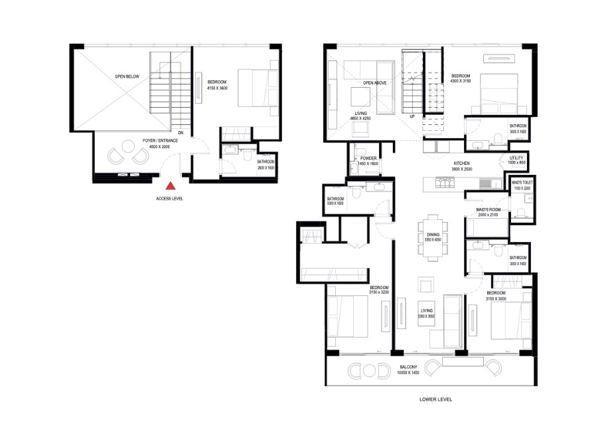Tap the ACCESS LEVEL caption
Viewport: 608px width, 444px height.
point(171,199)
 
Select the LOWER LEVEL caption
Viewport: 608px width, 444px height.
point(436,399)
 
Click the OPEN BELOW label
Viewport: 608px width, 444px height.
point(127,76)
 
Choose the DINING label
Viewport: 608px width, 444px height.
point(433,235)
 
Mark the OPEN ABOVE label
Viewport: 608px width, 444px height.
point(374,83)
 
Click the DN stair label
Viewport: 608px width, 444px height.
point(181,132)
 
